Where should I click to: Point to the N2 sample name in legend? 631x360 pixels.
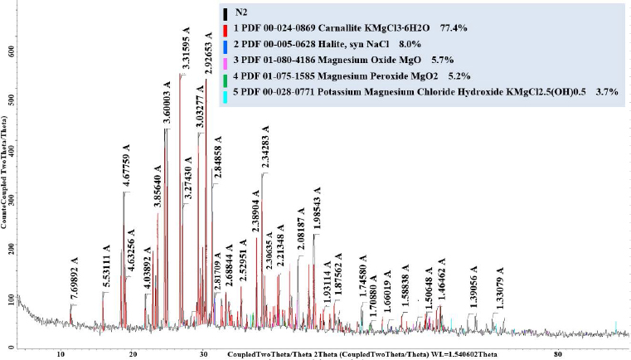click(240, 13)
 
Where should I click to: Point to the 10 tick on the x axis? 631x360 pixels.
click(61, 354)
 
